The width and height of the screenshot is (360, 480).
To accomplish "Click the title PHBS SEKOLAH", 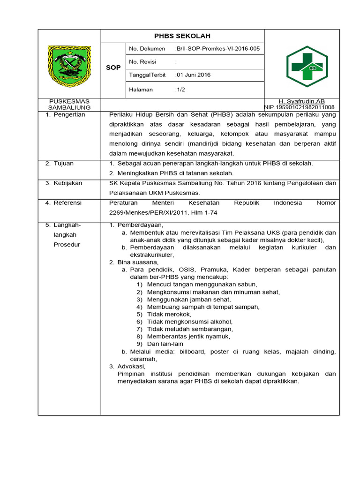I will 182,36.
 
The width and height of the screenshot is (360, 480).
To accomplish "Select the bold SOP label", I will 113,68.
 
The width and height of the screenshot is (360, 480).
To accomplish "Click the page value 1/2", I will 180,90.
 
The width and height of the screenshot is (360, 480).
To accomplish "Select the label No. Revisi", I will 143,62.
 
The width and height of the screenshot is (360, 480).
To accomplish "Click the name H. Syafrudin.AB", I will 301,101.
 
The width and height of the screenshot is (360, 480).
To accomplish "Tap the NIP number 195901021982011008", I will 300,107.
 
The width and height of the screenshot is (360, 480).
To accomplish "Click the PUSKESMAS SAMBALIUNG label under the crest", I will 69,105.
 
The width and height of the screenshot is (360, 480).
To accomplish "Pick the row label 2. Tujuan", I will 60,164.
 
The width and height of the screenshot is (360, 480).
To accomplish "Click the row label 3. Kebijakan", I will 64,183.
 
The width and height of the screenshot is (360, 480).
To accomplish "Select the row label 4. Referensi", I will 64,203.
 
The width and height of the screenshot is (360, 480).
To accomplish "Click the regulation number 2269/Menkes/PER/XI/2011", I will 147,213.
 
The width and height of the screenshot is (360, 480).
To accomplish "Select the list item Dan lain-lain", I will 165,344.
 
